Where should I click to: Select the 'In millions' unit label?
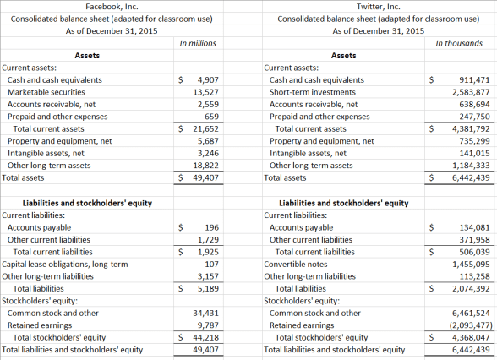[199, 43]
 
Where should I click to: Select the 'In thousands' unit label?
[460, 43]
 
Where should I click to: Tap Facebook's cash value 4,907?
[207, 79]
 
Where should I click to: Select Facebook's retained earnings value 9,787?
[207, 325]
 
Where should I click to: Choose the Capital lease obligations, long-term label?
[63, 264]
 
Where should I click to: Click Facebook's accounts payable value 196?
[211, 227]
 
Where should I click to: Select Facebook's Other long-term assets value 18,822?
[206, 166]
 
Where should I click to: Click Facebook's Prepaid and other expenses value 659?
[211, 117]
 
